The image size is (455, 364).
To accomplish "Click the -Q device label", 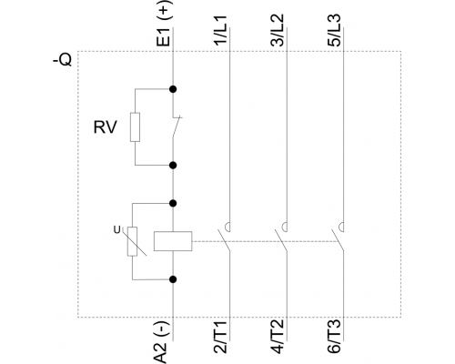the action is click(x=63, y=60).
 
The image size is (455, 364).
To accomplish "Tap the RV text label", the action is click(x=105, y=127).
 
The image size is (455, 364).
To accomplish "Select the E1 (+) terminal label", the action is click(x=165, y=24).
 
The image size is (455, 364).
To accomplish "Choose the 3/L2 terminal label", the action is click(x=278, y=31).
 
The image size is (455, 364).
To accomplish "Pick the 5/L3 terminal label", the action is click(x=334, y=31).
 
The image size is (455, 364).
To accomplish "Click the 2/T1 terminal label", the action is click(x=221, y=337).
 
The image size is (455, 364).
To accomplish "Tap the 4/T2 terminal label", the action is click(x=278, y=337).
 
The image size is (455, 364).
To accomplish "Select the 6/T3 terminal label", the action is click(x=334, y=337).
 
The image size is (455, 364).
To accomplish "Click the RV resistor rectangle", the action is click(x=135, y=127).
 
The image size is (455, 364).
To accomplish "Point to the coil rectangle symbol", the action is click(x=173, y=241).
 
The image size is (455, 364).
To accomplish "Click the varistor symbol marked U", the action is click(x=133, y=241).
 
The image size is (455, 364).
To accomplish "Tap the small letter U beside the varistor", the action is click(x=116, y=230).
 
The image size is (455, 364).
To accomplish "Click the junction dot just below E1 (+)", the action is click(x=173, y=89).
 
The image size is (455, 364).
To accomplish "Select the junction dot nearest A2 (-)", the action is click(x=173, y=279).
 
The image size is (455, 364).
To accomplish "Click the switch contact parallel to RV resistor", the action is click(x=177, y=126).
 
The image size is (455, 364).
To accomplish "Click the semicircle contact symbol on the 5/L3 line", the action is click(x=341, y=227).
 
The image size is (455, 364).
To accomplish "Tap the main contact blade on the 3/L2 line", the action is click(x=281, y=240).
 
